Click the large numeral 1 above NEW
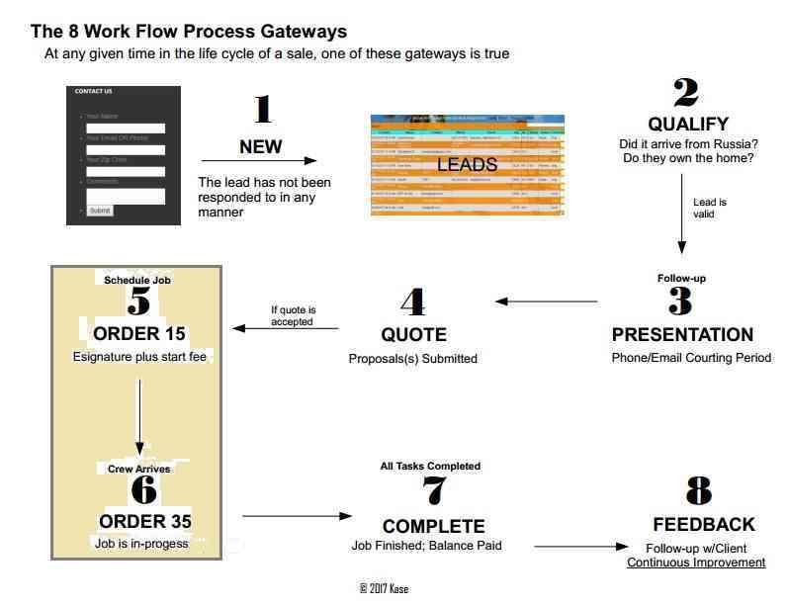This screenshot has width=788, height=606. pos(261,111)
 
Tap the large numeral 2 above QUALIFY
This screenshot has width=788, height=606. pos(686,94)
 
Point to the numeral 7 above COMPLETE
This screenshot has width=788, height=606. pos(432,491)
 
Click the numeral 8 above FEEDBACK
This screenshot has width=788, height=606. pos(699,491)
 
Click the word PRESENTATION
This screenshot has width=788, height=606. pos(682,334)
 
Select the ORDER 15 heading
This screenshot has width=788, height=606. pos(139,332)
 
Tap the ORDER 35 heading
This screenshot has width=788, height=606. pos(144,521)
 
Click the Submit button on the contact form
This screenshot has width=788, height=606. pos(100,211)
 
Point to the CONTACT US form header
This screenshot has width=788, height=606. pos(94,92)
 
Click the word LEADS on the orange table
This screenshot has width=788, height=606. pos(467,165)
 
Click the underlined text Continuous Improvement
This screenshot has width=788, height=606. pos(696,563)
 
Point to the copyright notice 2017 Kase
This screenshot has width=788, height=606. pos(384,588)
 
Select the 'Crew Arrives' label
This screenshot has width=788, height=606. pos(138,469)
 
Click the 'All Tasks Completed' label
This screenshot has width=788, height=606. pos(430,466)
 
